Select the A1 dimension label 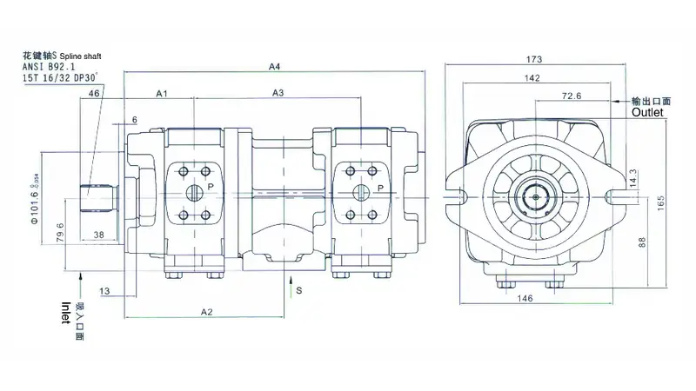point(162,92)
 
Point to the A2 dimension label point(207,311)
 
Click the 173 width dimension point(534,59)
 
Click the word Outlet point(647,113)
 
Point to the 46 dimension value point(93,92)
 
